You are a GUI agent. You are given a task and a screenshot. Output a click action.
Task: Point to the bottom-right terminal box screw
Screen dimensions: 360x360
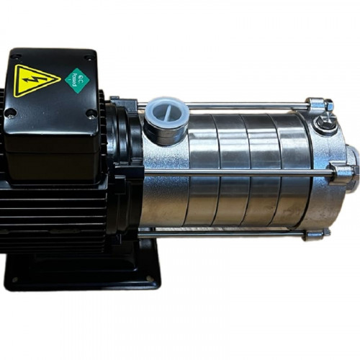pos(91,113)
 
